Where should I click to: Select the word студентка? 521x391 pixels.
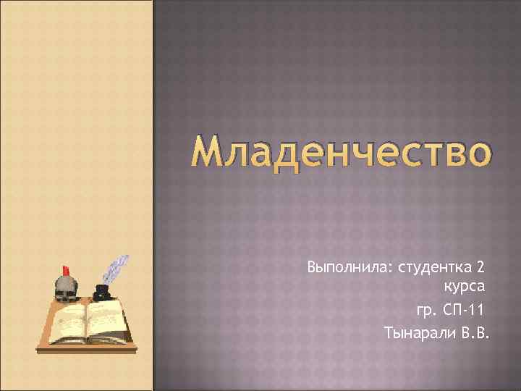[x=429, y=268]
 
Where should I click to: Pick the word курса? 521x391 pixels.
[x=464, y=289]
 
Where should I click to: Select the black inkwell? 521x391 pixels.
[x=101, y=293]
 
